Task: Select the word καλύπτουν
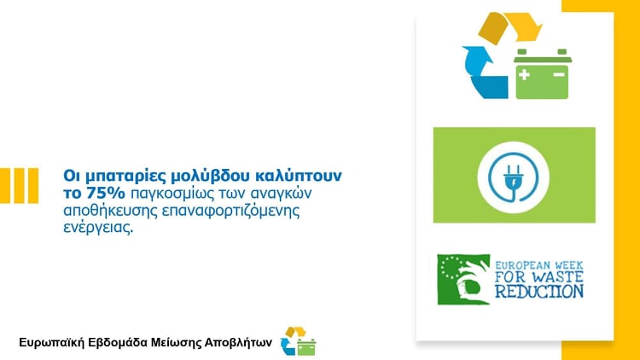tap(299, 176)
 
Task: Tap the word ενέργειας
tap(98, 228)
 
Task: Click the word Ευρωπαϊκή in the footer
tap(52, 342)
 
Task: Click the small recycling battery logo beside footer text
tap(299, 341)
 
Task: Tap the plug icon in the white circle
tap(513, 177)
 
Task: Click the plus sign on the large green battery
tap(525, 75)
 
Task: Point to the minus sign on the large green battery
tap(558, 75)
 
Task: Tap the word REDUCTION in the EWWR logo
tap(539, 291)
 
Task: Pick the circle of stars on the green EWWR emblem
tap(452, 268)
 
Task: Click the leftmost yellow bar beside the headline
tap(5, 185)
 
